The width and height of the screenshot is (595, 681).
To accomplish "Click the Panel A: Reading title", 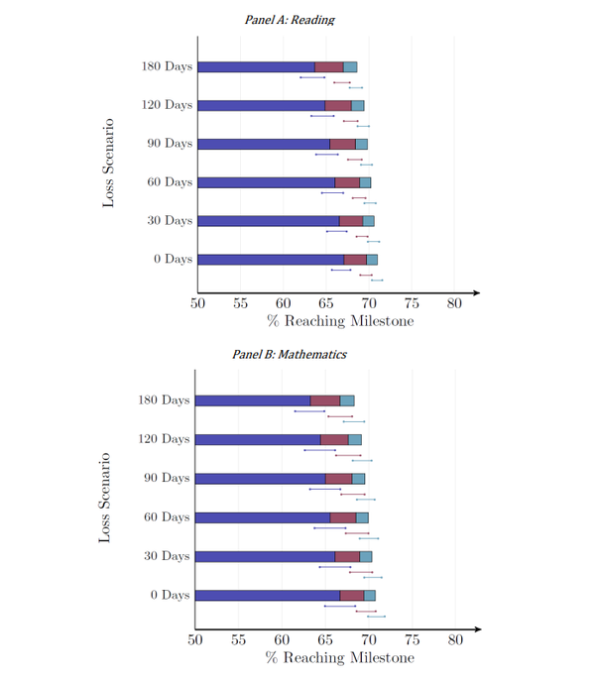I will [x=289, y=20].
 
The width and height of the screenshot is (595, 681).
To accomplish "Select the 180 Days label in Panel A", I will [x=167, y=66].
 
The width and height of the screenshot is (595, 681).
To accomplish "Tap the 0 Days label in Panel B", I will [x=170, y=595].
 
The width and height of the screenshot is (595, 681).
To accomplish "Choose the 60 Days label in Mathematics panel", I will [x=167, y=517].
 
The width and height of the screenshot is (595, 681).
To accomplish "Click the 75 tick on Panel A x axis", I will [x=411, y=303].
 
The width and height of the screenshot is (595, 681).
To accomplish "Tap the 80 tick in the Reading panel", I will [x=453, y=303].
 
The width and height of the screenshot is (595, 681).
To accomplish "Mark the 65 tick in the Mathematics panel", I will [x=324, y=640].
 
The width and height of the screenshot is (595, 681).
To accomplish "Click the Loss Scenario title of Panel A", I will [x=108, y=162].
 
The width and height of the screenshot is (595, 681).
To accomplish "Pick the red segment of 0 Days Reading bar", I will [x=355, y=260].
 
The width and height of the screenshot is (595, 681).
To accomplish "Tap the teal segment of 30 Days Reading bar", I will [x=368, y=221].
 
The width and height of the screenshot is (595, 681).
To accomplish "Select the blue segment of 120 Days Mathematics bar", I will [x=257, y=439].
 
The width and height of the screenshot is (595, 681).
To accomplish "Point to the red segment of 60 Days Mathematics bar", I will [x=342, y=517].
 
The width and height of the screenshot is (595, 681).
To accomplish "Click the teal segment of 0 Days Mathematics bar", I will [x=370, y=595].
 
